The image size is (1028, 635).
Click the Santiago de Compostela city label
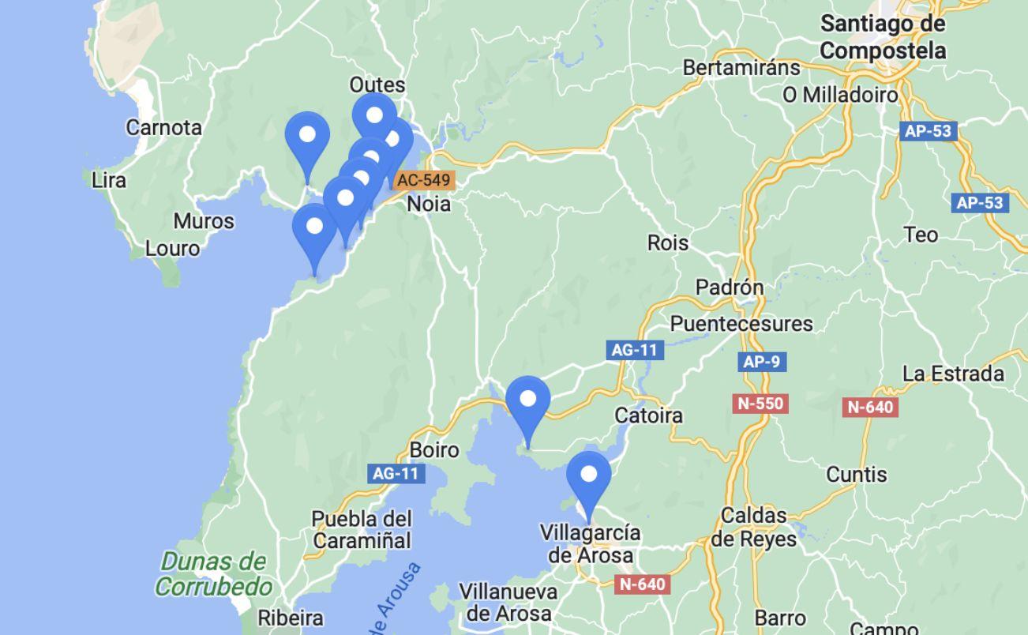(x=883, y=37)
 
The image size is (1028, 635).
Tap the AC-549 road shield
(x=423, y=180)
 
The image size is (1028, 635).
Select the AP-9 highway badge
(x=762, y=362)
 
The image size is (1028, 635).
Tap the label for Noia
(x=429, y=204)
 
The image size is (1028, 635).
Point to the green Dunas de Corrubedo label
(x=213, y=574)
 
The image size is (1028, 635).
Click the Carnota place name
(x=163, y=127)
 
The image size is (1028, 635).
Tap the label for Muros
(x=204, y=221)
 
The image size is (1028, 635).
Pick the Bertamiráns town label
(x=741, y=68)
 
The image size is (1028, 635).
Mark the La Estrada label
(x=953, y=374)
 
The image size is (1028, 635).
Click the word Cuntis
(x=857, y=475)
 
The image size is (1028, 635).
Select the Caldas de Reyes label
(x=754, y=528)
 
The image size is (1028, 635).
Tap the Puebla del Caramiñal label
(x=362, y=530)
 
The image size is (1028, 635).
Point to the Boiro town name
(x=434, y=450)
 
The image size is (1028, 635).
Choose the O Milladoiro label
(x=841, y=95)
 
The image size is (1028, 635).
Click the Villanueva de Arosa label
(x=508, y=602)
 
